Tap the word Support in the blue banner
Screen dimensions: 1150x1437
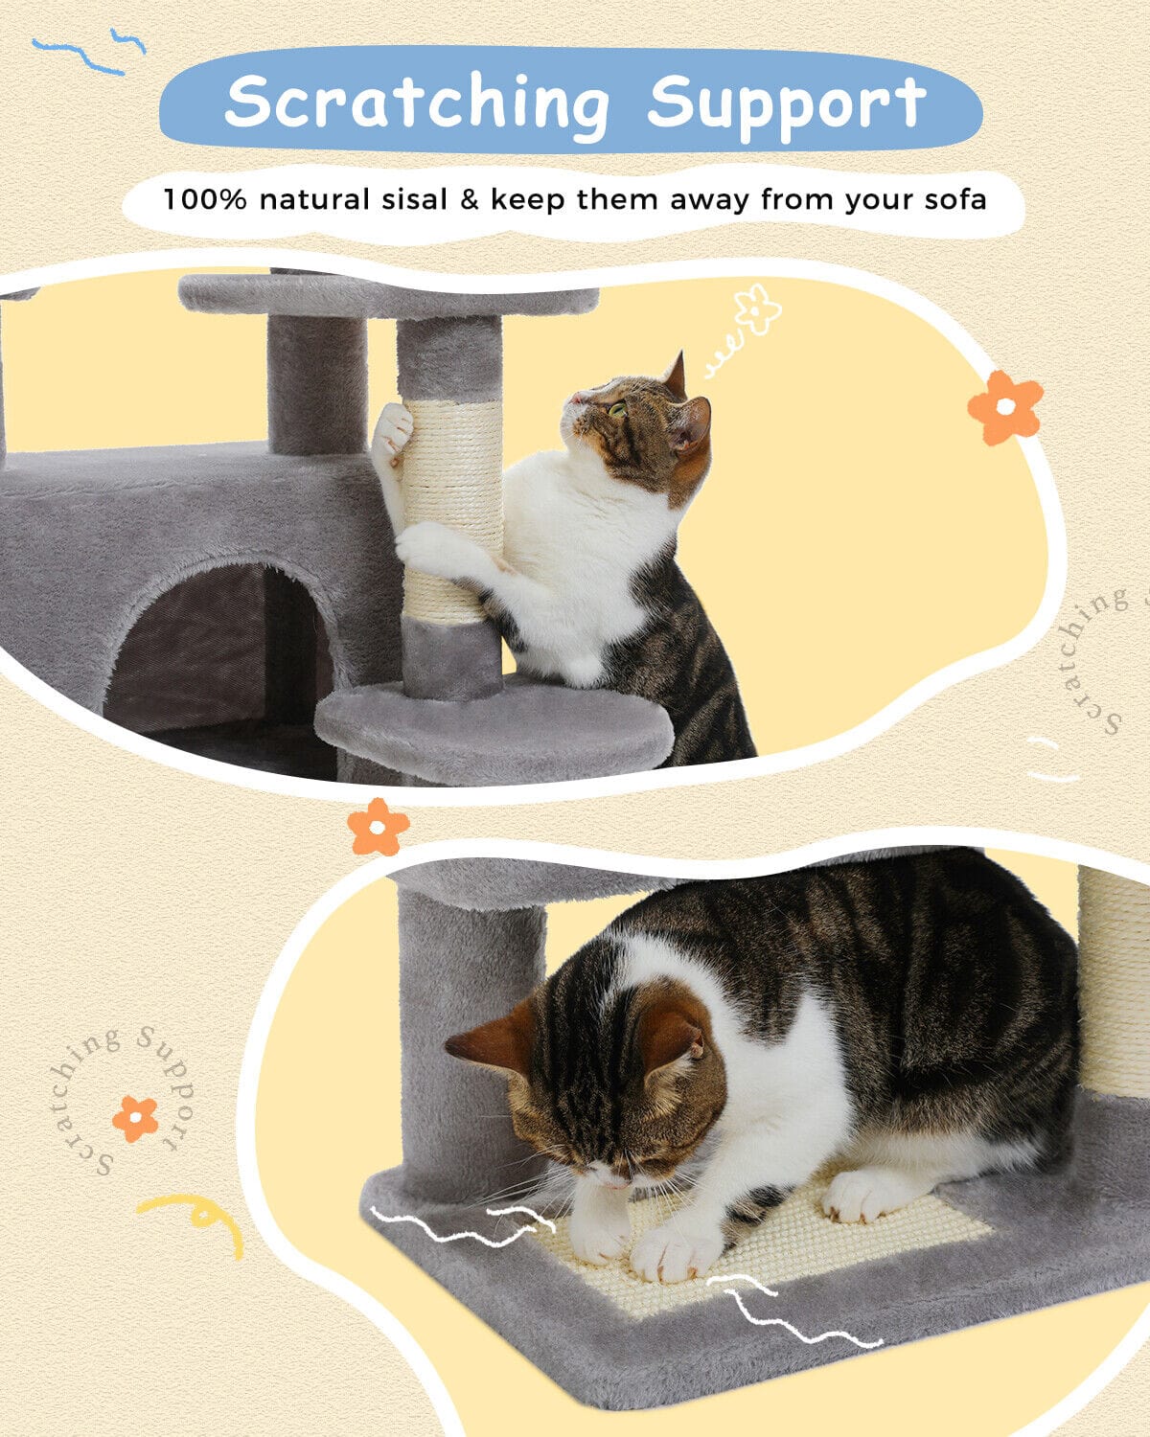pyautogui.click(x=787, y=104)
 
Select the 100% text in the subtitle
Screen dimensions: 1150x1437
pyautogui.click(x=205, y=199)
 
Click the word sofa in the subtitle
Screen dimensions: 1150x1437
pyautogui.click(x=955, y=199)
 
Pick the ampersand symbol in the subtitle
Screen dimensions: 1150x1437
pyautogui.click(x=469, y=199)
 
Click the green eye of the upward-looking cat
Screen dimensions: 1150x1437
pyautogui.click(x=618, y=409)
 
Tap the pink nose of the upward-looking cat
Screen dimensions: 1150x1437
pyautogui.click(x=574, y=399)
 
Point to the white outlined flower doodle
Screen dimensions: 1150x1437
pyautogui.click(x=757, y=308)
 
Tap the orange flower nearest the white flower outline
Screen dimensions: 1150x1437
pyautogui.click(x=1005, y=406)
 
